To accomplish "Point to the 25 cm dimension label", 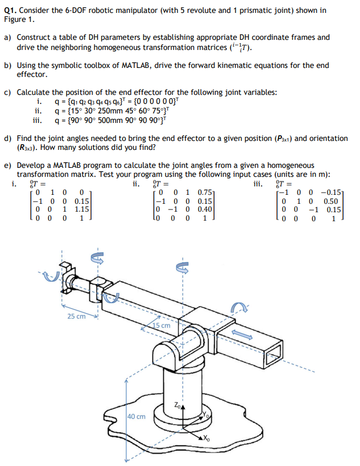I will click(76, 317).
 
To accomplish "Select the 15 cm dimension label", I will click(162, 325).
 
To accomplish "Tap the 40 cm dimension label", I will click(136, 416).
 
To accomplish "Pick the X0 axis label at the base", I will click(206, 438).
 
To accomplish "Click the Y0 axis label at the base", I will click(207, 416).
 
